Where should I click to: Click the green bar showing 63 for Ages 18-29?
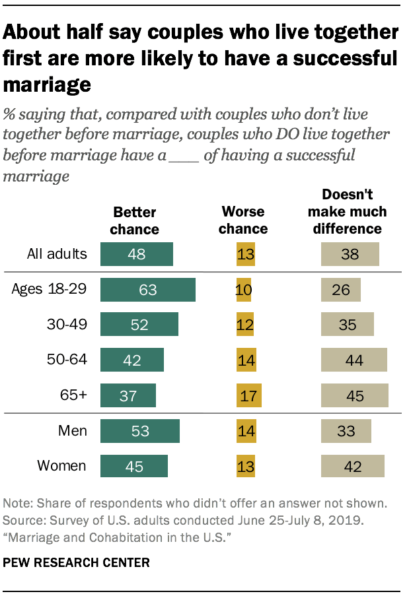click(147, 289)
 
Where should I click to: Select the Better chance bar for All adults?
click(136, 254)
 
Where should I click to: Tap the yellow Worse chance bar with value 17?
click(249, 395)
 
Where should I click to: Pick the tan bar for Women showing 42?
click(351, 465)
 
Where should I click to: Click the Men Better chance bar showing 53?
click(139, 430)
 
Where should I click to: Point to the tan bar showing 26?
click(340, 289)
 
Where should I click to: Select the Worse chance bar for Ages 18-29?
click(243, 289)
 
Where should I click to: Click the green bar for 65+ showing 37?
click(128, 395)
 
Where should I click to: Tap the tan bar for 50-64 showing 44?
click(353, 360)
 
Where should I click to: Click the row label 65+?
click(73, 395)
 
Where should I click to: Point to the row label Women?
click(61, 465)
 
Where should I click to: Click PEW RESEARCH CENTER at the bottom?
click(76, 563)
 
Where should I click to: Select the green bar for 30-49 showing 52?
click(139, 325)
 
